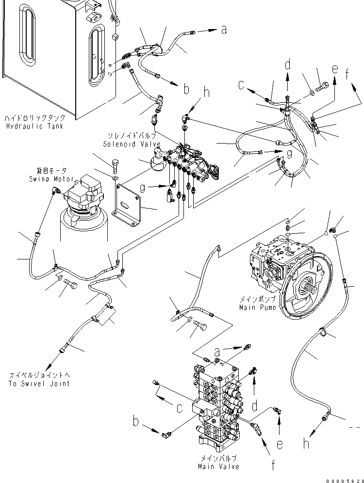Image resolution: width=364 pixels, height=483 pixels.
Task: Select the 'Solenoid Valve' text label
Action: pyautogui.click(x=125, y=144)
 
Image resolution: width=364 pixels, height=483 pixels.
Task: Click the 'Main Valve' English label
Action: pyautogui.click(x=218, y=467)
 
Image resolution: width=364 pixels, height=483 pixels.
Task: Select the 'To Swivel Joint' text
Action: pyautogui.click(x=39, y=384)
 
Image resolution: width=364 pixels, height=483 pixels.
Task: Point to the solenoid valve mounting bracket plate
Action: pyautogui.click(x=130, y=204)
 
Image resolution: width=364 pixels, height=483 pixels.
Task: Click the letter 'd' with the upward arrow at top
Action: pyautogui.click(x=288, y=64)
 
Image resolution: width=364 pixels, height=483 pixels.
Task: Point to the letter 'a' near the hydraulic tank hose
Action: pyautogui.click(x=224, y=30)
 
